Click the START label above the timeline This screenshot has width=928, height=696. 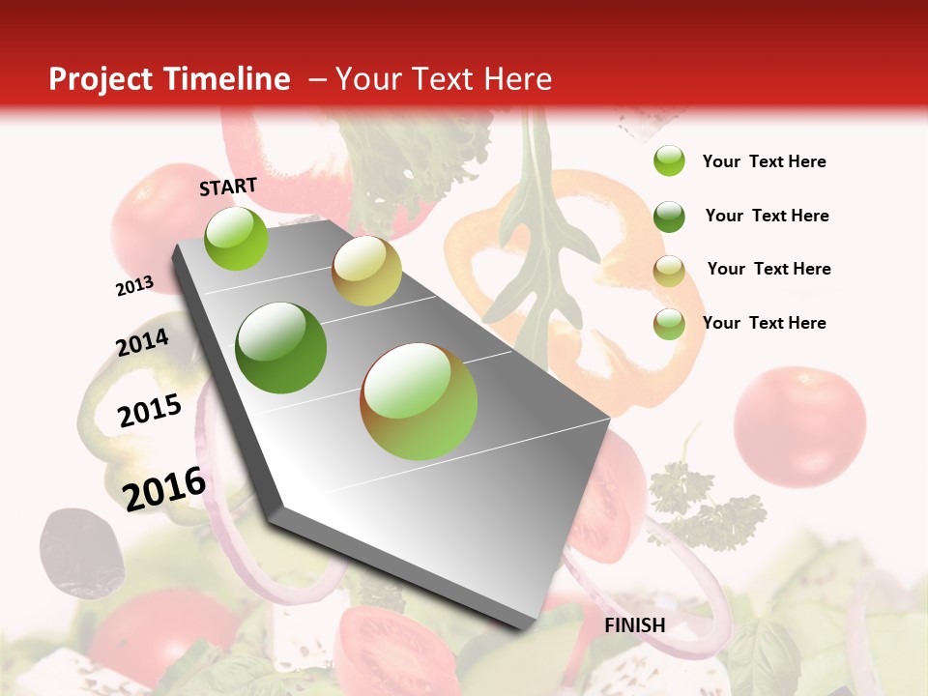click(228, 187)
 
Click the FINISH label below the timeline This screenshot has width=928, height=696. click(634, 625)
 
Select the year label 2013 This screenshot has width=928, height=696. click(135, 286)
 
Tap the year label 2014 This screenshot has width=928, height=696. click(142, 343)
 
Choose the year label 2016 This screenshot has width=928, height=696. click(164, 488)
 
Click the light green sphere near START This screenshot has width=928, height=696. click(236, 238)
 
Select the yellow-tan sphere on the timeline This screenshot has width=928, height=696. click(366, 271)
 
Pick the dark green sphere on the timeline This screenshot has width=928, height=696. click(281, 348)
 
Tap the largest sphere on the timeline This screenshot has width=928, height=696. click(419, 401)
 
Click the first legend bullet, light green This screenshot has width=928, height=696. click(669, 161)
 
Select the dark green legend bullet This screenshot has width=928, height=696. click(669, 217)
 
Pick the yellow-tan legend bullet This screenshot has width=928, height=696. click(669, 270)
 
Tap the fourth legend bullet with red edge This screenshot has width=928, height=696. click(669, 324)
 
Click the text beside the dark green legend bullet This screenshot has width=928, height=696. click(767, 216)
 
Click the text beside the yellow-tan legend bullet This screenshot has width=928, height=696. click(768, 269)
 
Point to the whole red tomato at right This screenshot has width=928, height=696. click(799, 425)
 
